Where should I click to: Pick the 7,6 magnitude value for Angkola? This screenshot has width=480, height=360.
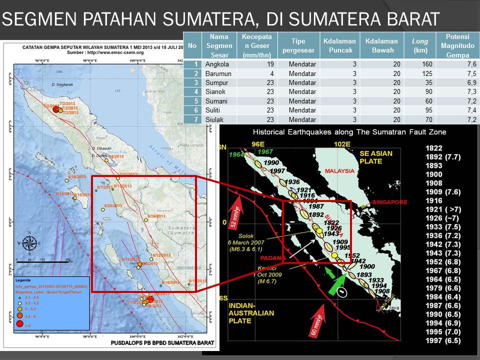(x=470, y=64)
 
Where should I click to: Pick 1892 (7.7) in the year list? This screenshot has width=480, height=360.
(x=443, y=157)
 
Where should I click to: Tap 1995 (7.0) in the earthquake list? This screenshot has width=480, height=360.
(x=443, y=331)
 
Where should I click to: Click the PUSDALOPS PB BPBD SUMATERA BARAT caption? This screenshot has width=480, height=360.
(x=161, y=343)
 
